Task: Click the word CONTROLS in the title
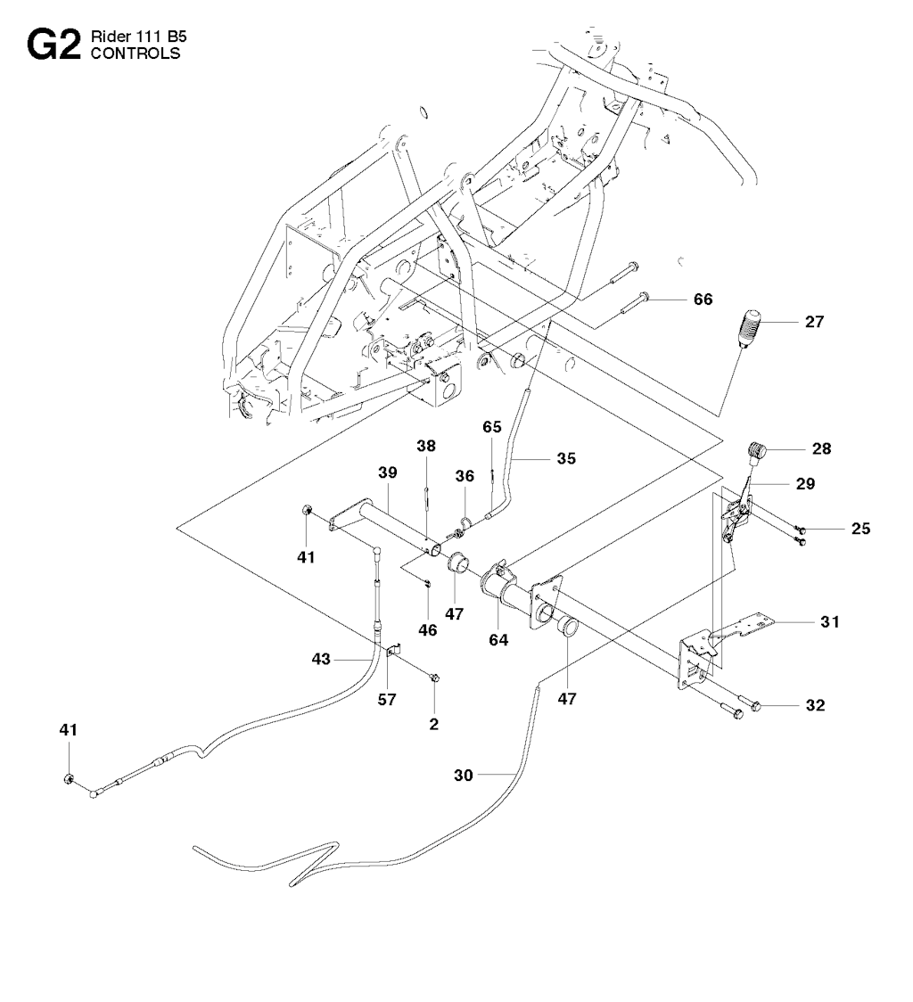coord(136,53)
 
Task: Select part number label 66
coord(703,300)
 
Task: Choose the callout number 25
coord(861,530)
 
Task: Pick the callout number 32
coord(815,706)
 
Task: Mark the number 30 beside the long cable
coord(464,776)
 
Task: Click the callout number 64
coord(498,639)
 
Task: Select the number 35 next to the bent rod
coord(565,459)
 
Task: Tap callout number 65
coord(493,427)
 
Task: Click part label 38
coord(426,446)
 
